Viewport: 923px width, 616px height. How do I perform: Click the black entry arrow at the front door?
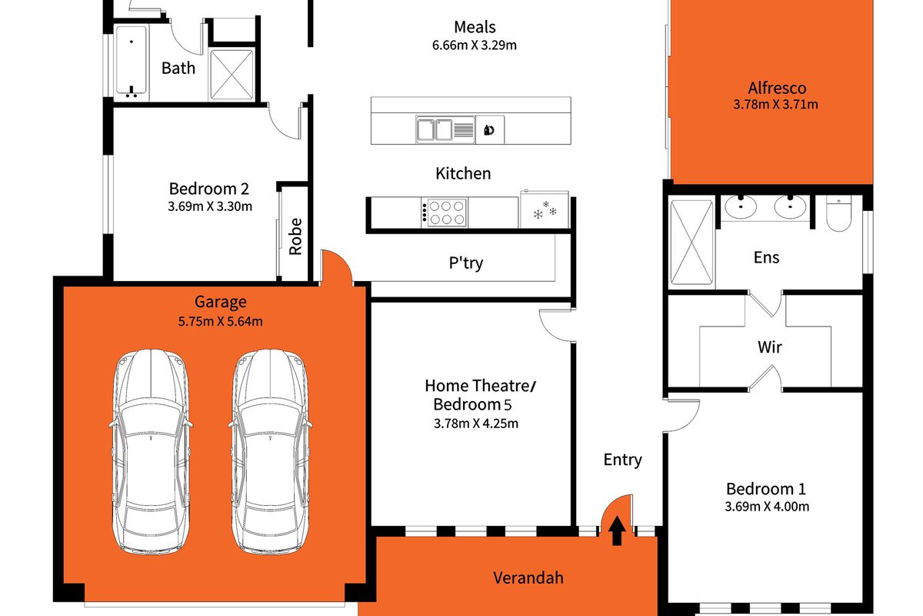click(x=617, y=531)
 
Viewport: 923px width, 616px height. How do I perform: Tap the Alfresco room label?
click(x=776, y=87)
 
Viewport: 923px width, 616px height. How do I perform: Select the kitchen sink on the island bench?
click(x=434, y=129)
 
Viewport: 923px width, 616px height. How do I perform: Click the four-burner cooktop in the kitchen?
click(x=445, y=212)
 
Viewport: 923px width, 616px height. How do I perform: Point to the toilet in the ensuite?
click(x=838, y=213)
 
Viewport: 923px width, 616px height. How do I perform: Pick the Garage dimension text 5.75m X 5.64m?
click(x=220, y=321)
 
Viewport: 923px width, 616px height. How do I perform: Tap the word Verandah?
click(x=528, y=577)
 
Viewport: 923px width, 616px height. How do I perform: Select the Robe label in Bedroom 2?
click(x=295, y=236)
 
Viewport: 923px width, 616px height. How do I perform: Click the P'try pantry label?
click(x=466, y=263)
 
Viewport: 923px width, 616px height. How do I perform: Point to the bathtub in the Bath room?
click(x=132, y=62)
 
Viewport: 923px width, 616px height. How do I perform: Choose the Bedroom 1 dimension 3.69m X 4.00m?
click(x=767, y=506)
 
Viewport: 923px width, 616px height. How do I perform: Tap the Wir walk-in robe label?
click(x=769, y=347)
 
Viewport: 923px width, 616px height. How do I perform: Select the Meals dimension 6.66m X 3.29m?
click(x=474, y=45)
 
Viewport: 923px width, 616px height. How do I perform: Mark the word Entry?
click(x=622, y=460)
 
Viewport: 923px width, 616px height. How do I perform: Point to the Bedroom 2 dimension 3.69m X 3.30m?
click(x=211, y=206)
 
